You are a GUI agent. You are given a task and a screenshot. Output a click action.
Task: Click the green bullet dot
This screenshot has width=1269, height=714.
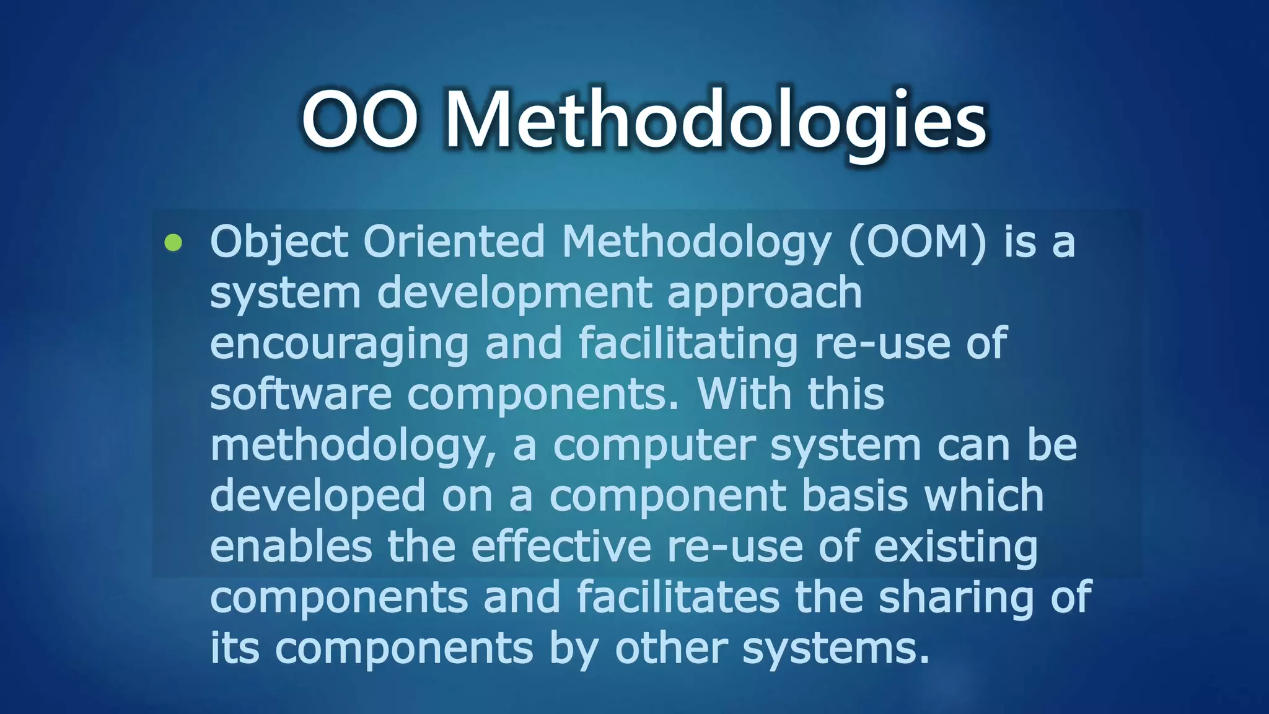[173, 242]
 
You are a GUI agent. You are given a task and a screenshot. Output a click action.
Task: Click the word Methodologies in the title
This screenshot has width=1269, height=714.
[716, 121]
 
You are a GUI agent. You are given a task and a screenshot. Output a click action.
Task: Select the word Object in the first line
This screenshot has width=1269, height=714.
[279, 242]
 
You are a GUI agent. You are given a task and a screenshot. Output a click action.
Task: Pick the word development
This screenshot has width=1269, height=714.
[514, 293]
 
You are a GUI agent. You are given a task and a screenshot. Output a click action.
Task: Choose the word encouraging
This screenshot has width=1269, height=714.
[339, 344]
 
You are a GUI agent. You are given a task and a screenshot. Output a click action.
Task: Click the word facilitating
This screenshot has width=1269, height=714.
[688, 344]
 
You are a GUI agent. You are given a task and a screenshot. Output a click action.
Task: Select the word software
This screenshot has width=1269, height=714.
[301, 395]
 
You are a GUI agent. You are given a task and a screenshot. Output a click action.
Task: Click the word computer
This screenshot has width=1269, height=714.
[654, 446]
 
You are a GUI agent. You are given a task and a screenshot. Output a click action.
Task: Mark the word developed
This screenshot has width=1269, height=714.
[318, 496]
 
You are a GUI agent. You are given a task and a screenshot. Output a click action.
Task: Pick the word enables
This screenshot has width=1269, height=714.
[291, 547]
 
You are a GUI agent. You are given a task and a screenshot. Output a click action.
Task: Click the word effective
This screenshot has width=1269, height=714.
[561, 547]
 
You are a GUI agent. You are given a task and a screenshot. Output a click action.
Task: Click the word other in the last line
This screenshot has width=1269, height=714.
[671, 648]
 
